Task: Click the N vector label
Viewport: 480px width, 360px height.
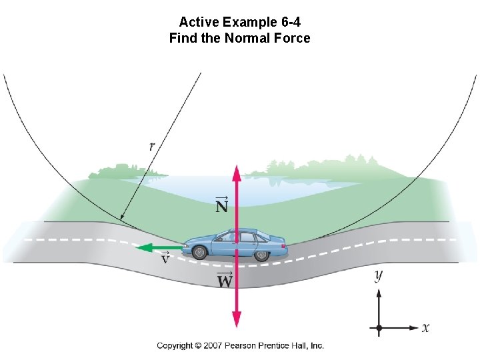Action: click(x=222, y=205)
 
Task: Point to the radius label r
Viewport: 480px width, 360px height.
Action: click(x=153, y=146)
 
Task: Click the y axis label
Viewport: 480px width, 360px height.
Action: click(x=379, y=275)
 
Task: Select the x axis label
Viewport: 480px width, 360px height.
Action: click(x=425, y=327)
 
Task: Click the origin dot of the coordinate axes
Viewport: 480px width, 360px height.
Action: click(x=379, y=328)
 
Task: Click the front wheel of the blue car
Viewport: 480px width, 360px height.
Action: click(x=199, y=252)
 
